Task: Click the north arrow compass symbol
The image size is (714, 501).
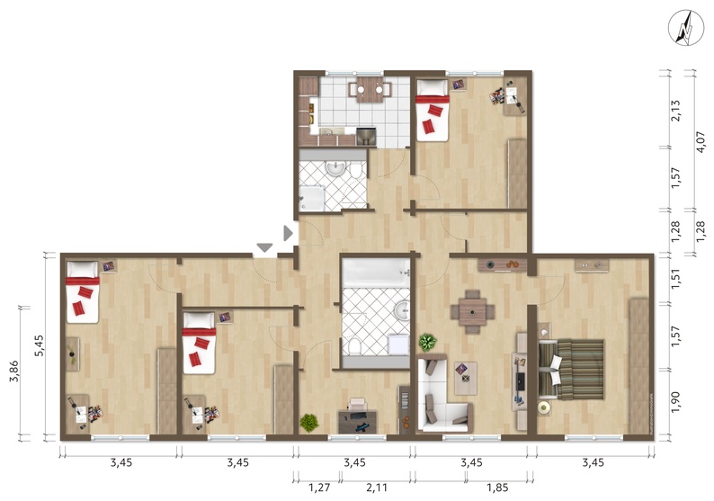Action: click(686, 28)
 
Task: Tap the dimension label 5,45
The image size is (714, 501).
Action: click(40, 345)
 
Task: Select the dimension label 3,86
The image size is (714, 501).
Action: click(14, 371)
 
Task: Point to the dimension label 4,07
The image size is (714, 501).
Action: click(701, 141)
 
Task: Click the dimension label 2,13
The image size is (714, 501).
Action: click(675, 111)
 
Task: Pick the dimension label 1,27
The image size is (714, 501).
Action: click(319, 488)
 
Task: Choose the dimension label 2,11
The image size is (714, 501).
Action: click(377, 488)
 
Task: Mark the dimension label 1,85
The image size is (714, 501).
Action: click(497, 488)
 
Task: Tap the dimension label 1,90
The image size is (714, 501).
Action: click(675, 402)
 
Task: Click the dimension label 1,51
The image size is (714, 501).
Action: click(675, 279)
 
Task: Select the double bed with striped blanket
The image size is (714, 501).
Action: click(571, 370)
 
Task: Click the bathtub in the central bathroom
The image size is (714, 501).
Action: click(376, 273)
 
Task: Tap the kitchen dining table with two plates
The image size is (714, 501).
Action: click(370, 89)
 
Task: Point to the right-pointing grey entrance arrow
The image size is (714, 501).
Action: click(288, 233)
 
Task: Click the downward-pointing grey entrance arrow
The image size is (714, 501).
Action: click(264, 247)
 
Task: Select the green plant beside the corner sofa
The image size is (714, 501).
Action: click(427, 342)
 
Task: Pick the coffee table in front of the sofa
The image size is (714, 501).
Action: click(466, 378)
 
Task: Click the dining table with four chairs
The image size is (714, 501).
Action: click(473, 312)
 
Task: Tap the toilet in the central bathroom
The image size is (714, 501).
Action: click(353, 346)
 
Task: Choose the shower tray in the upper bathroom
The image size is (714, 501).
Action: click(312, 198)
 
